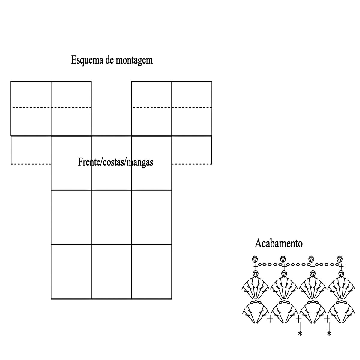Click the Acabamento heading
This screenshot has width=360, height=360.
pyautogui.click(x=279, y=243)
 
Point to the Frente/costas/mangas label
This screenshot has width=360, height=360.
pyautogui.click(x=115, y=162)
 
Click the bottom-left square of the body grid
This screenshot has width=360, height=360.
pyautogui.click(x=71, y=272)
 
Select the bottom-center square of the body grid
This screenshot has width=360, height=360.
pyautogui.click(x=111, y=272)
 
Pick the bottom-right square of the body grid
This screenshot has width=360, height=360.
pyautogui.click(x=151, y=272)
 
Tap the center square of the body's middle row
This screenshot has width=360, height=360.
pyautogui.click(x=111, y=217)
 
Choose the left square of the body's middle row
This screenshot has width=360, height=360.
pyautogui.click(x=71, y=217)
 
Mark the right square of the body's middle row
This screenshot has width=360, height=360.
pyautogui.click(x=151, y=217)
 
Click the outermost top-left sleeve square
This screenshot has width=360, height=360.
pyautogui.click(x=31, y=108)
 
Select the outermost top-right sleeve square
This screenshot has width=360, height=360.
pyautogui.click(x=192, y=108)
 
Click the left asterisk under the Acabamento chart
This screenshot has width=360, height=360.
pyautogui.click(x=300, y=334)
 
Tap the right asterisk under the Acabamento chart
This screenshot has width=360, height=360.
pyautogui.click(x=329, y=334)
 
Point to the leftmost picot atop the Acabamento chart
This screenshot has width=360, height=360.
pyautogui.click(x=255, y=259)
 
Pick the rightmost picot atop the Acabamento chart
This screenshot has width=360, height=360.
pyautogui.click(x=340, y=259)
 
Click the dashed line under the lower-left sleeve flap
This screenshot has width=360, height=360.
pyautogui.click(x=31, y=164)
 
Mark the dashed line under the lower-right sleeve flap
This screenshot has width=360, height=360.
pyautogui.click(x=192, y=164)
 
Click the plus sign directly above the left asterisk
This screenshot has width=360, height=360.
pyautogui.click(x=298, y=319)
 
